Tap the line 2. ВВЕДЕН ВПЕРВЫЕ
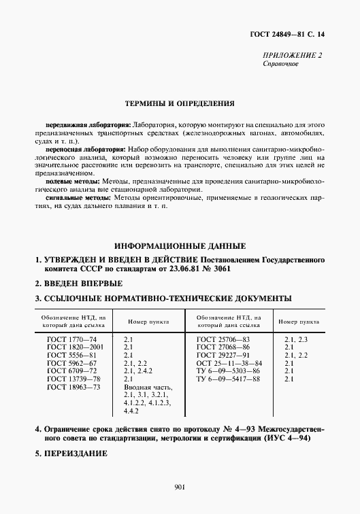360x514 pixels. [79, 284]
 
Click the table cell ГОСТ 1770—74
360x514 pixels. [71, 339]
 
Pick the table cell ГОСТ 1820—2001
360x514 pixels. [74, 347]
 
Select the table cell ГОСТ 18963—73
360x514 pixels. [73, 387]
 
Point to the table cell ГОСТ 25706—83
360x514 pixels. [223, 339]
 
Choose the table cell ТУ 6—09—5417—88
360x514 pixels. [228, 379]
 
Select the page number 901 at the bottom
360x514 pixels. [180, 487]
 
